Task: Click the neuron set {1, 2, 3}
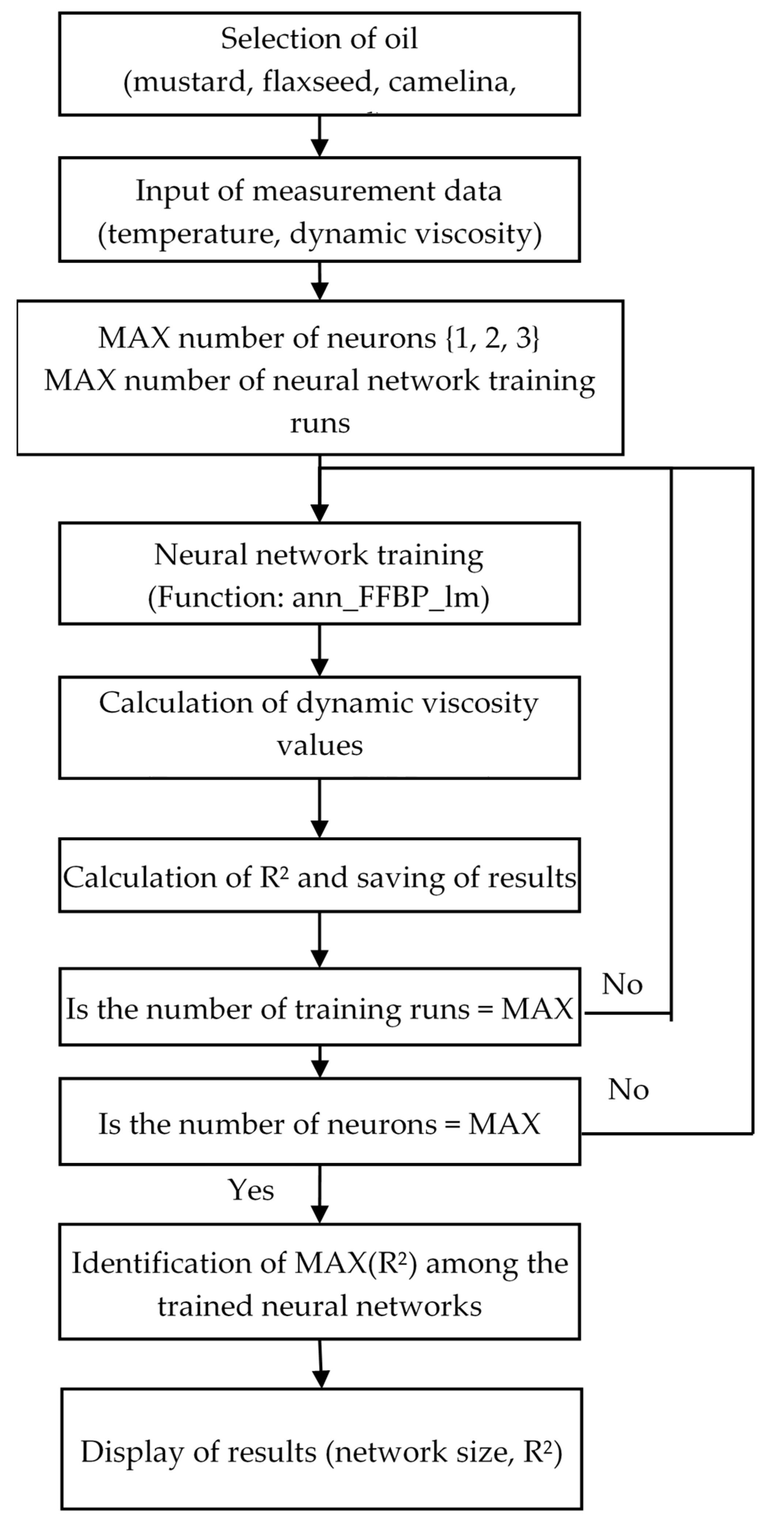[492, 338]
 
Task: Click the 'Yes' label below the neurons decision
[251, 1190]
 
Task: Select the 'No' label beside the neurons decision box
[628, 1090]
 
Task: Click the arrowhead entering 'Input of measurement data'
[319, 148]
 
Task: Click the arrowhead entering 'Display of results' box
[321, 1379]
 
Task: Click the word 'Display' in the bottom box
[132, 1453]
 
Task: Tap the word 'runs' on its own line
[319, 423]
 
